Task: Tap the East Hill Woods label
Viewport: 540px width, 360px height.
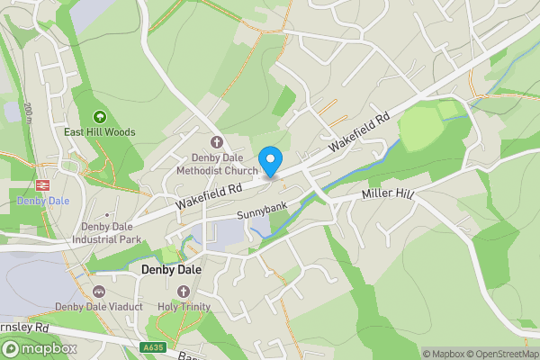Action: [x=100, y=132]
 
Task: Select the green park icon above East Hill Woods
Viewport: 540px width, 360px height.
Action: [x=100, y=116]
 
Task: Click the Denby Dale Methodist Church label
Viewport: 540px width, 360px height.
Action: [x=216, y=164]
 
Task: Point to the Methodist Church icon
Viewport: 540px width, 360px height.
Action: [x=216, y=142]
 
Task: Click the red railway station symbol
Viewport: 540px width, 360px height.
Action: [x=41, y=183]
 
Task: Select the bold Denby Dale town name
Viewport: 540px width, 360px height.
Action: [x=171, y=269]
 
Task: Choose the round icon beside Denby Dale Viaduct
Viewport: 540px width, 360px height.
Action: [x=98, y=292]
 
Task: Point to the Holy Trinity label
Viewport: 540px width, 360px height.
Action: [x=184, y=307]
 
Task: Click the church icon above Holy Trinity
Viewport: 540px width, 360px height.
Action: [x=184, y=292]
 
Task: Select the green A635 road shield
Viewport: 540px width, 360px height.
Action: [x=152, y=346]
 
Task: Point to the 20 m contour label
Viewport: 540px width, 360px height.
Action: [x=29, y=112]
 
